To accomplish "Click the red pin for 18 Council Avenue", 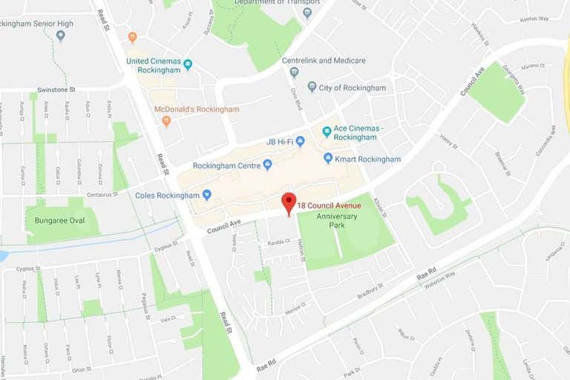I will pos(289,203).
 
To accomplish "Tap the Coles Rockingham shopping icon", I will pos(207,195).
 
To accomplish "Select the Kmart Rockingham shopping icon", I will pos(328,158).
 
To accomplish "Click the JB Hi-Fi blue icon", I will pos(300,141).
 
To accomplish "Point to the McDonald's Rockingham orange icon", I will pos(166,120).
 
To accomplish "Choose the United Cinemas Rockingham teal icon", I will pos(188,65).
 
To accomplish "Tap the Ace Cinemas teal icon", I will pos(327,131).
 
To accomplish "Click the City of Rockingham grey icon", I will pos(312,87).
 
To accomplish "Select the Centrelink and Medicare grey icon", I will pos(295,72).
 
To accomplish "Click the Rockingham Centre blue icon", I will pos(267,165).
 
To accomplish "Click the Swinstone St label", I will pos(57,89).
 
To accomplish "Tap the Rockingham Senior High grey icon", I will pos(61,35).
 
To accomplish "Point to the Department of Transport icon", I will pos(307,13).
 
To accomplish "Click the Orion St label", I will pos(82,369).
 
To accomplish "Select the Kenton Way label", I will pos(534,19).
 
